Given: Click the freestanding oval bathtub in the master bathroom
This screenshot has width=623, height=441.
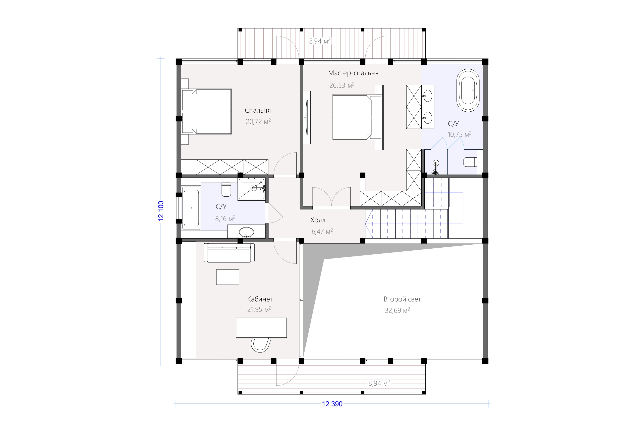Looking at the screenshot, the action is click(468, 90).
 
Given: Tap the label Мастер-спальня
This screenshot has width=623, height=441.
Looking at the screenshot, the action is click(353, 73).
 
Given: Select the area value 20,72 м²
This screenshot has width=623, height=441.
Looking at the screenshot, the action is click(258, 121).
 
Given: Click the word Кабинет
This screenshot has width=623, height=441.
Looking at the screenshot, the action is click(260, 299).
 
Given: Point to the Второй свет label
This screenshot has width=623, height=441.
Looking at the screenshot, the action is click(402, 299).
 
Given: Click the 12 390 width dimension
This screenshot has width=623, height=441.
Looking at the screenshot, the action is click(332, 404).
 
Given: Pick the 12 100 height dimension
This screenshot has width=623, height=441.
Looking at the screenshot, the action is click(161, 211).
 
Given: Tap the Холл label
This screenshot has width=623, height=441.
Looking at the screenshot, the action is click(318, 220).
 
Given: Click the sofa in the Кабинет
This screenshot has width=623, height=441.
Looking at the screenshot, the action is click(229, 252).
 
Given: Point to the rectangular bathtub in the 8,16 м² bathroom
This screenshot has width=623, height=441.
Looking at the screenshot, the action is click(191, 208).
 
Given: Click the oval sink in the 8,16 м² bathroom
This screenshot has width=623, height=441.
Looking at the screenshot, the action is click(246, 232).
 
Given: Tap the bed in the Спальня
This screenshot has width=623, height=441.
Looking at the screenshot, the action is click(206, 111).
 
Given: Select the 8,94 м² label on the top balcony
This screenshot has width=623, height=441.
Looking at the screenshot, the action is click(320, 41).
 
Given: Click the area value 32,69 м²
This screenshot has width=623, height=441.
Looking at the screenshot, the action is click(397, 310).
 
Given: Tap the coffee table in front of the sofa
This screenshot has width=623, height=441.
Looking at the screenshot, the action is click(228, 277).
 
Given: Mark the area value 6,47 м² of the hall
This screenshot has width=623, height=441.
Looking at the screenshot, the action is click(322, 231).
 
